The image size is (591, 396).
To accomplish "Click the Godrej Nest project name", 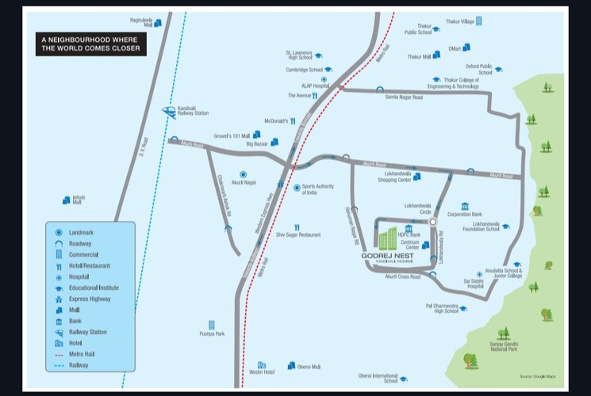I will tap(386, 256).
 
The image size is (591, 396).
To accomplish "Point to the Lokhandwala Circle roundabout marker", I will tap(433, 223).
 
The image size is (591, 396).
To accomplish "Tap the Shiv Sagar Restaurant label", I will tap(298, 234).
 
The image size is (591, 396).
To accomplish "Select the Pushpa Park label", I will tap(212, 334).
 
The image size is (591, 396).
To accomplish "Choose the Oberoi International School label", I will tap(378, 378).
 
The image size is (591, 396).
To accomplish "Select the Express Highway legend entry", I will tap(90, 299).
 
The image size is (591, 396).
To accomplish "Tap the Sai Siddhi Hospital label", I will tap(475, 283).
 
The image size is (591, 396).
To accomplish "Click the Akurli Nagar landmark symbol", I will tap(243, 173).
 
